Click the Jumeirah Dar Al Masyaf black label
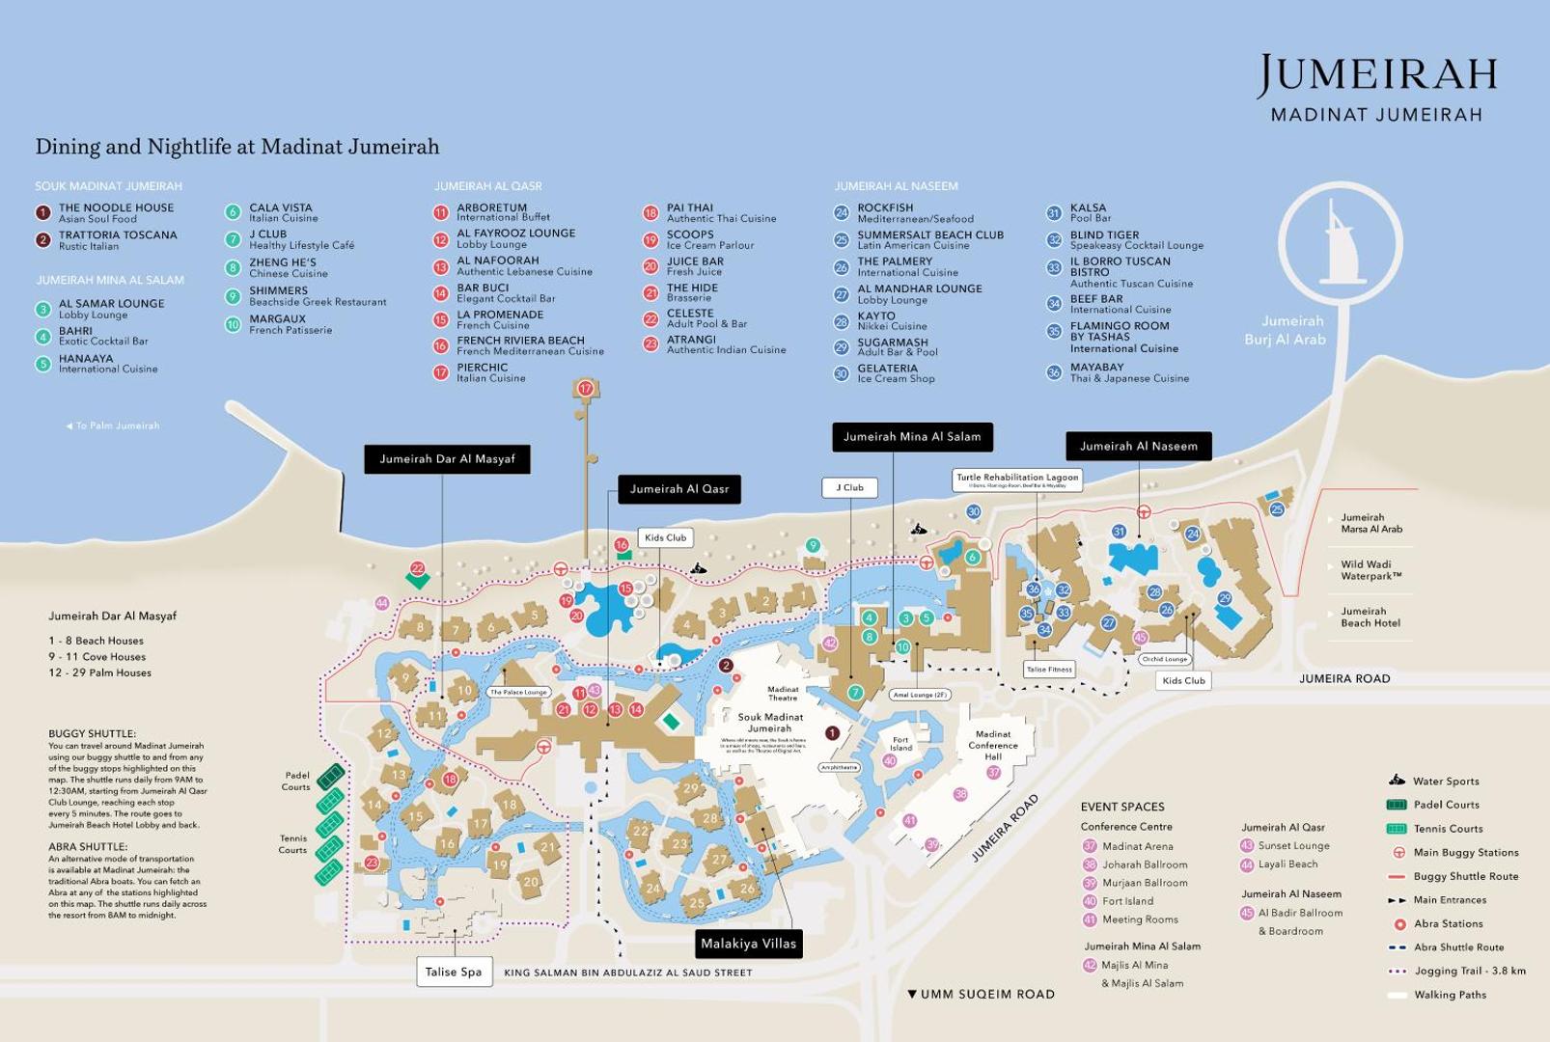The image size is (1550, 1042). click(x=447, y=459)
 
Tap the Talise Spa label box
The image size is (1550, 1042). click(x=454, y=972)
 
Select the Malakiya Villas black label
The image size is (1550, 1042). click(x=748, y=944)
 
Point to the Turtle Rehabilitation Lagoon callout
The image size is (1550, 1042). click(x=1017, y=480)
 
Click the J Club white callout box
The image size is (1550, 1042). click(x=850, y=488)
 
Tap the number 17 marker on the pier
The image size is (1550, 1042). click(x=585, y=389)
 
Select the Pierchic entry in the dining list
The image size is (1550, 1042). click(x=482, y=371)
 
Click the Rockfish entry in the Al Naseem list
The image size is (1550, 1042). click(x=885, y=212)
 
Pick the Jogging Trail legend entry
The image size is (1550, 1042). click(x=1469, y=971)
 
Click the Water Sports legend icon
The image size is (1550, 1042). click(x=1397, y=781)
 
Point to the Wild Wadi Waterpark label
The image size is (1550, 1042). click(x=1370, y=570)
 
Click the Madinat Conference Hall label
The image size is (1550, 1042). click(x=992, y=745)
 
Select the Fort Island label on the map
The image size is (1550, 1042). click(x=900, y=744)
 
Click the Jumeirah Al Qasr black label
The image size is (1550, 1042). click(x=679, y=489)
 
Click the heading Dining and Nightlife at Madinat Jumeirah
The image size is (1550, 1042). click(x=237, y=147)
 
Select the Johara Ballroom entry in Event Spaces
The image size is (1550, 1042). click(x=1144, y=864)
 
